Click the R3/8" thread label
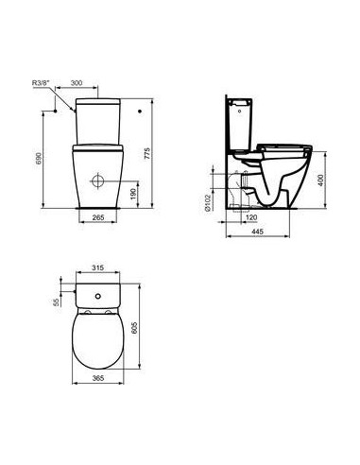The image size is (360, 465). [x=43, y=84]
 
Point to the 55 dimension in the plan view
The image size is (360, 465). [x=56, y=303]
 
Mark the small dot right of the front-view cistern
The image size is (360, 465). [x=139, y=112]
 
